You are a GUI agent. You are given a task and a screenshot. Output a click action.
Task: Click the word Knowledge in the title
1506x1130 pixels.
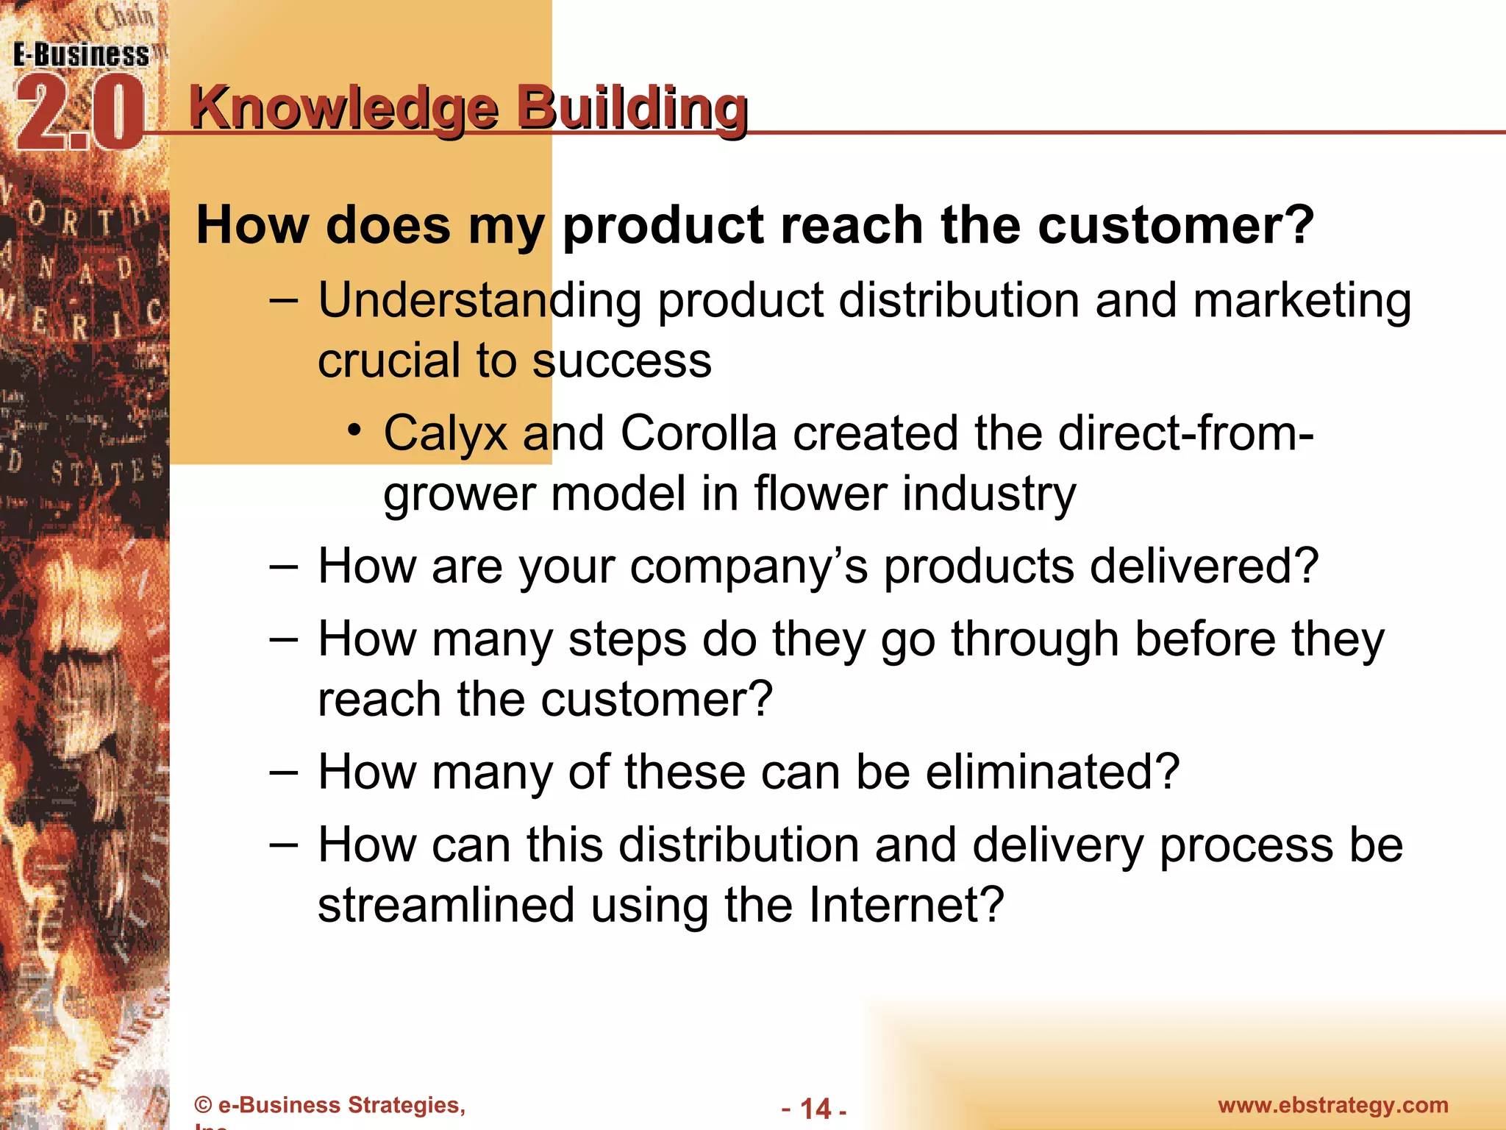(344, 108)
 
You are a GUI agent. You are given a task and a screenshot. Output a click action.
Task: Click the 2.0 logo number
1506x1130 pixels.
(79, 114)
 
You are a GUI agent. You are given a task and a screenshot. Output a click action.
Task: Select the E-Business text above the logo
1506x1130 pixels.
(81, 55)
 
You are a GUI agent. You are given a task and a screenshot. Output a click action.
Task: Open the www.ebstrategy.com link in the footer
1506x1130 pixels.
(1332, 1105)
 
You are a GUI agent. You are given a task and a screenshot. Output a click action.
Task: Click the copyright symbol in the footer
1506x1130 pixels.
(203, 1105)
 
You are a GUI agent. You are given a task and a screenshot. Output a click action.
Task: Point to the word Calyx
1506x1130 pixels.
(445, 434)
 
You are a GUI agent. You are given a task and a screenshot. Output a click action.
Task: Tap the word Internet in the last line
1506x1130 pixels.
(906, 905)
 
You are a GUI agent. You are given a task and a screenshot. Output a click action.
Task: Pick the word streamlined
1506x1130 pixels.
(446, 905)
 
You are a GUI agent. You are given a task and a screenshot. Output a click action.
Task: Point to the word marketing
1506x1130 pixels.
(1302, 302)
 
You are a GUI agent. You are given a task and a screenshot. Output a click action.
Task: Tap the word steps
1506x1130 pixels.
(627, 640)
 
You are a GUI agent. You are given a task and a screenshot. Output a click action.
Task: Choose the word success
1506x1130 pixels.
(621, 360)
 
